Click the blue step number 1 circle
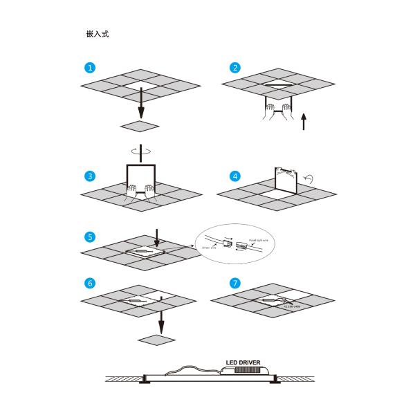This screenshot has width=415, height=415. (89, 68)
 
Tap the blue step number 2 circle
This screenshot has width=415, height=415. (236, 68)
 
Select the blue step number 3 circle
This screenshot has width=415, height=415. (89, 176)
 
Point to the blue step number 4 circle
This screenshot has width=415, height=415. (236, 176)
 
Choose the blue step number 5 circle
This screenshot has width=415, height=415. (89, 237)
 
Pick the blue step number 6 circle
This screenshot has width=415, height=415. (89, 284)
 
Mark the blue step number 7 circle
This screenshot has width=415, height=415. (236, 284)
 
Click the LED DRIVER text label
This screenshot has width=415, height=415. (246, 362)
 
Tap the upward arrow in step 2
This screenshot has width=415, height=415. (303, 123)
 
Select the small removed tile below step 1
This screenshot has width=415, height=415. (140, 126)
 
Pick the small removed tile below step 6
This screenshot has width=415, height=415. (158, 339)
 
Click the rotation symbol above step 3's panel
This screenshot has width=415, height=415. (140, 149)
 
